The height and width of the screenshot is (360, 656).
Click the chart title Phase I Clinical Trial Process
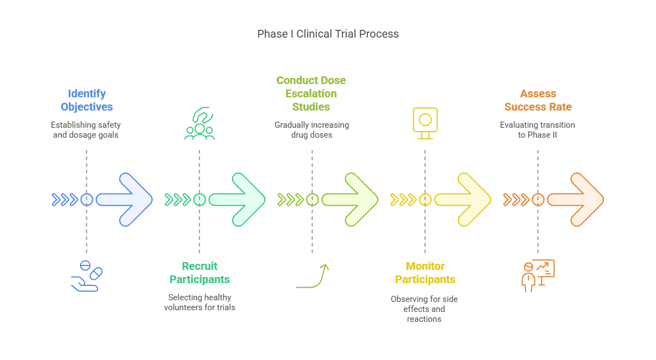tap(327, 34)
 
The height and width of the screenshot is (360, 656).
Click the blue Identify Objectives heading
tap(87, 100)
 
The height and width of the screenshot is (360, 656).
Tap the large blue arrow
tap(126, 200)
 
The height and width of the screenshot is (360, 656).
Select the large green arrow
tap(239, 200)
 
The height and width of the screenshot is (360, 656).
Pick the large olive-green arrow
tap(352, 200)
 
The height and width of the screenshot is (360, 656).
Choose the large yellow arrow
tap(465, 200)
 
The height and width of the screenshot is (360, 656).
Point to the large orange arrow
tap(577, 200)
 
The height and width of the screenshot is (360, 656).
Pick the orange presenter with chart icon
tap(538, 275)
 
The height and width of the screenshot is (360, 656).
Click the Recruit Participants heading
tap(200, 273)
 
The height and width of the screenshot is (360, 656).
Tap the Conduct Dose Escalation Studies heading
tap(311, 93)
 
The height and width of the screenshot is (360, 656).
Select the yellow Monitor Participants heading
tap(425, 273)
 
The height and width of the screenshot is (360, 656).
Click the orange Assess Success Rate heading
tap(538, 100)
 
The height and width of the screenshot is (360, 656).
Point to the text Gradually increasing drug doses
tap(311, 130)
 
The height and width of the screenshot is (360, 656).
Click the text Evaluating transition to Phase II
tap(538, 130)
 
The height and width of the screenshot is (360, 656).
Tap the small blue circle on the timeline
tap(87, 200)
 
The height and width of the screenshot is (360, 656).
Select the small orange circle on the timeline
tap(538, 200)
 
